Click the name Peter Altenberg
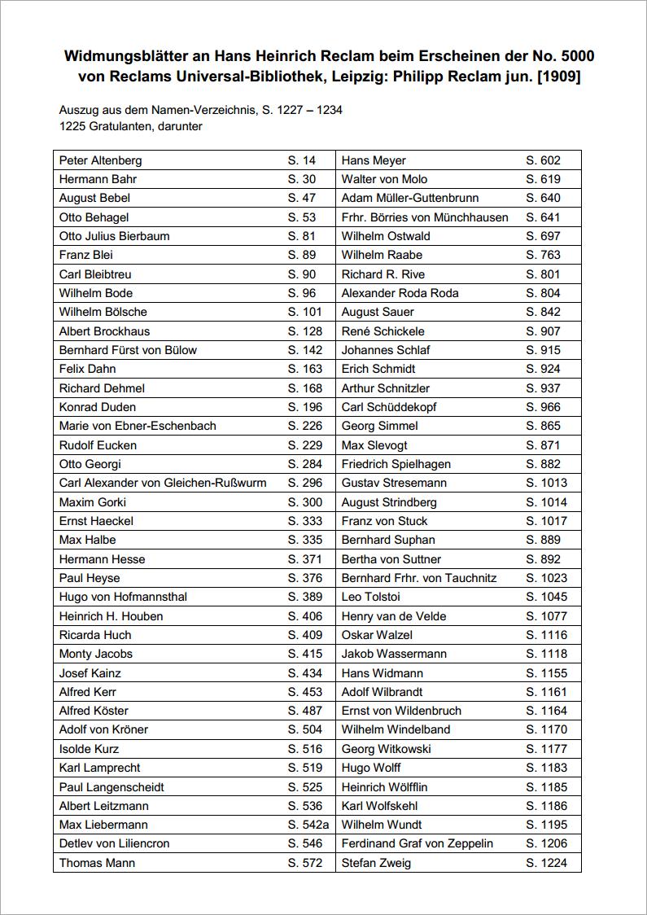100,160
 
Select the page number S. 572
305,863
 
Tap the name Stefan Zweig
376,863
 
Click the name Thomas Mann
97,863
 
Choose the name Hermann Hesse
102,559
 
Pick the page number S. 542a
308,825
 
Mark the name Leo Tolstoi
371,597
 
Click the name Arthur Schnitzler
386,388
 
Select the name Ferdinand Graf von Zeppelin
417,843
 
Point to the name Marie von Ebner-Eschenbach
138,426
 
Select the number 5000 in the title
577,56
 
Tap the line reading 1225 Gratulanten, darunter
130,126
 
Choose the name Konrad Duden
98,407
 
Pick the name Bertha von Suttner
391,559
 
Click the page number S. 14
301,160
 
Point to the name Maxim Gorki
93,502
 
